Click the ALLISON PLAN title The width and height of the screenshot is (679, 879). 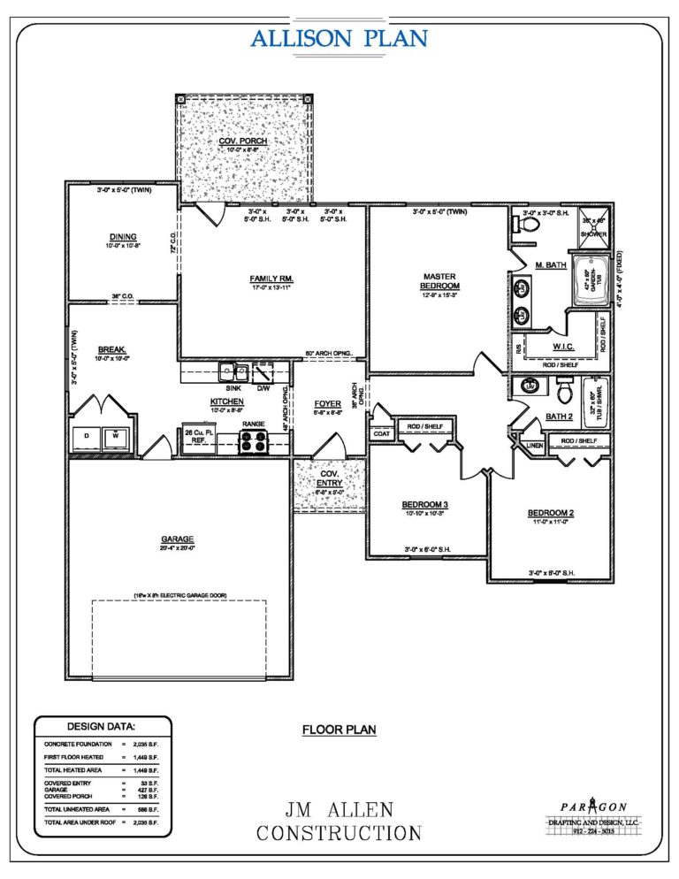click(339, 38)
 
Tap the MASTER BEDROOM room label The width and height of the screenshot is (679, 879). click(439, 280)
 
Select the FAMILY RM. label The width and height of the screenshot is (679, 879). click(271, 279)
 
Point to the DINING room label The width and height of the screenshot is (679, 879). click(122, 236)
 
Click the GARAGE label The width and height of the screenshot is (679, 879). click(177, 539)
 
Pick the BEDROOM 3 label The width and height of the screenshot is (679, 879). click(424, 504)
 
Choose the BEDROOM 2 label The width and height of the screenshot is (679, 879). click(551, 513)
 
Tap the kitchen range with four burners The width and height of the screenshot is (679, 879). click(254, 441)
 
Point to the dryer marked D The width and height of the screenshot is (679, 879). click(87, 437)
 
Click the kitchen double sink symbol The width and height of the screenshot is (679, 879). click(233, 372)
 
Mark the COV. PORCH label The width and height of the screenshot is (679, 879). click(242, 141)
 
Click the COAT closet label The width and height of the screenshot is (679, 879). click(381, 433)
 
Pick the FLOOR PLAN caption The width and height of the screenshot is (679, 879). click(339, 730)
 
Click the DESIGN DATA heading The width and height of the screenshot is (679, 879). click(97, 726)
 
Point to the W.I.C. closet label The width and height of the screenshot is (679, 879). click(564, 345)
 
